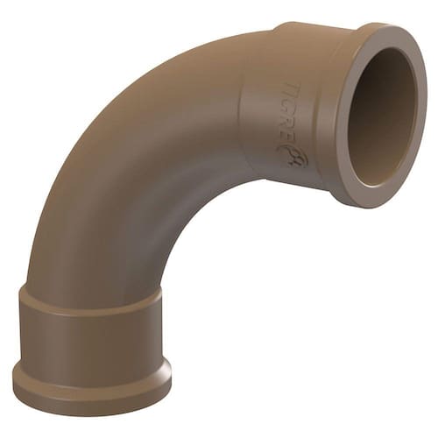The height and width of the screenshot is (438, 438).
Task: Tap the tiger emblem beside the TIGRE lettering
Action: tap(296, 157)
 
